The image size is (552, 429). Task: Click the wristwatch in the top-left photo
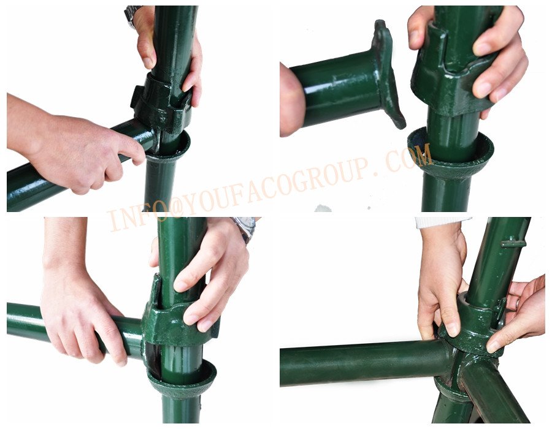[132, 16]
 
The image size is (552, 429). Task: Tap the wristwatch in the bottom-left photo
[245, 227]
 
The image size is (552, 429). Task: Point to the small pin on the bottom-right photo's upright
[513, 243]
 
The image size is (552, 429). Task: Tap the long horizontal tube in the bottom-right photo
[362, 363]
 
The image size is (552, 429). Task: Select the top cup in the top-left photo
[163, 102]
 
